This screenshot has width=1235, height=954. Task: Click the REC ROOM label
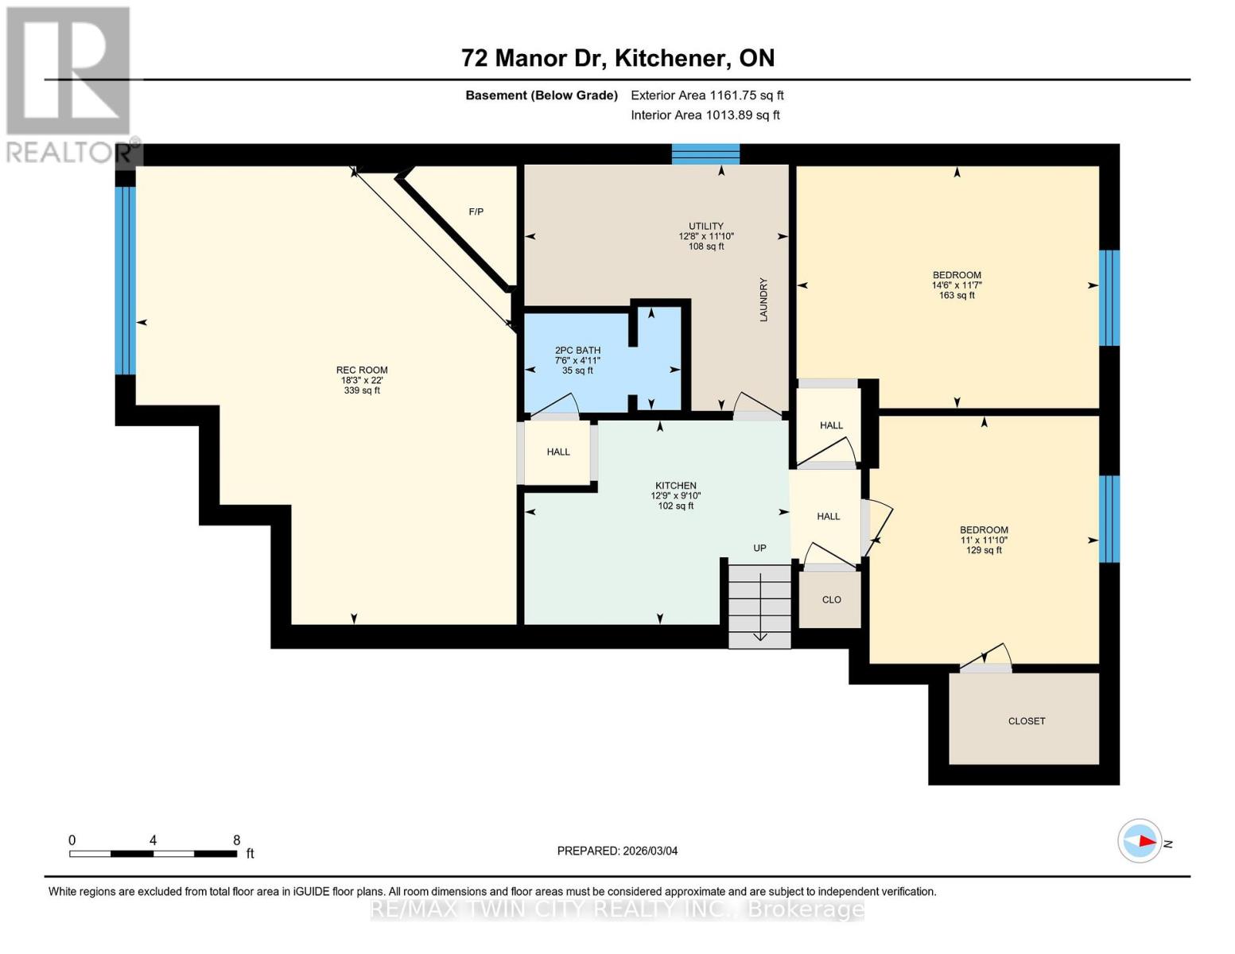pos(361,370)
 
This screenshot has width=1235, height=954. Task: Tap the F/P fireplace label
pos(476,211)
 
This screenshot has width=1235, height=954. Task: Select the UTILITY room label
pos(705,227)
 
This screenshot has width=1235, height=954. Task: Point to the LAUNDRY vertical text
pos(763,300)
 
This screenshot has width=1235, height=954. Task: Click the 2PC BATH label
pos(577,351)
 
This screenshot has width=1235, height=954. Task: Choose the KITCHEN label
pos(675,486)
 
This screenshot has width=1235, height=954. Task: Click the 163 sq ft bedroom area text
pos(957,296)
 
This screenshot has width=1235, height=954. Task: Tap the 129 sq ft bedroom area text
pos(984,550)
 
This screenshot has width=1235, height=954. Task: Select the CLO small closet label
pos(831,599)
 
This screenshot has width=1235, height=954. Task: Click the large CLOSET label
pos(1026,721)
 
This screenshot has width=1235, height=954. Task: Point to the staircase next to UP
pos(759,604)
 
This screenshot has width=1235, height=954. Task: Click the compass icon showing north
pos(1140,841)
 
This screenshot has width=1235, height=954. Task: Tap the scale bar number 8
pos(236,840)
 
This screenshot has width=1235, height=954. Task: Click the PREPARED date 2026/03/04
pos(617,851)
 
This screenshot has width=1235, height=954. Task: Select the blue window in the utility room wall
pos(705,153)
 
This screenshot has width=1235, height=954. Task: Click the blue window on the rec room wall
pos(126,280)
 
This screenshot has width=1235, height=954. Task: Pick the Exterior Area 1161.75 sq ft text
pos(707,95)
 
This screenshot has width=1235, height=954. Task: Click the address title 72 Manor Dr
pos(535,58)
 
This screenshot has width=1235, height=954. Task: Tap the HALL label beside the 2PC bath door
pos(558,452)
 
